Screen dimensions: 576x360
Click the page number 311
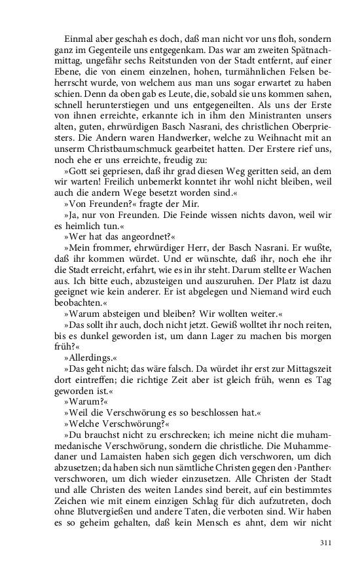point(326,542)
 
